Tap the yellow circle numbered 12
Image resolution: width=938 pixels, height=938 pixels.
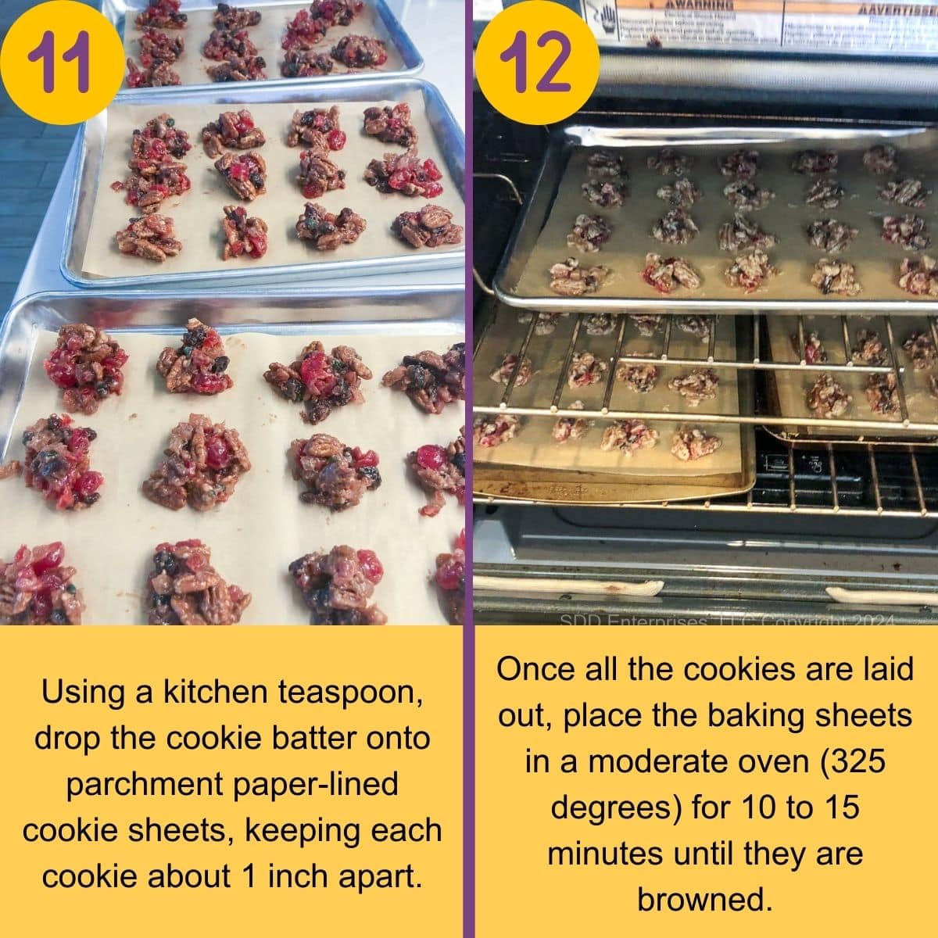click(x=534, y=61)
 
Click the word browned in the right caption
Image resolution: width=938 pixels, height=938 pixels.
click(x=704, y=899)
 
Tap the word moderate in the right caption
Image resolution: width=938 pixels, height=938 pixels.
click(x=660, y=761)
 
